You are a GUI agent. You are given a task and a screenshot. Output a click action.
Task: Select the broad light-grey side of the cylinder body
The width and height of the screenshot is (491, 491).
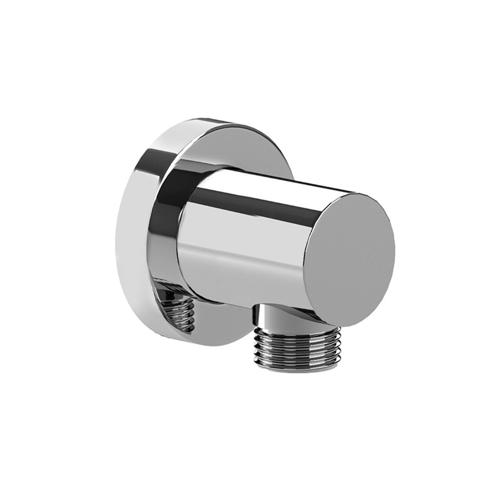(244, 244)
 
